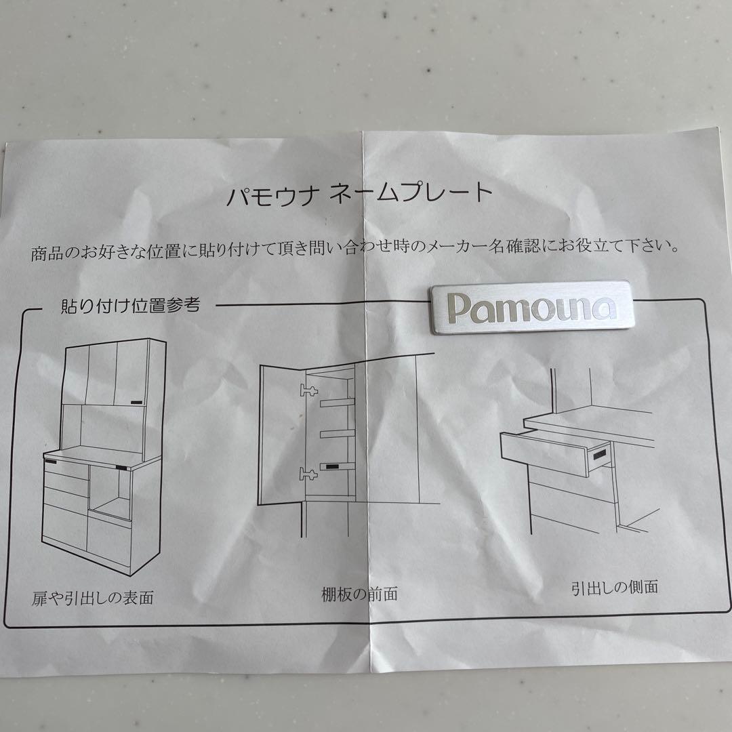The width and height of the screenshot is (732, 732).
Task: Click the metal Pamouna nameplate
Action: pyautogui.click(x=532, y=307)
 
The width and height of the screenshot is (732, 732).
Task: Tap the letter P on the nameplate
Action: pyautogui.click(x=458, y=308)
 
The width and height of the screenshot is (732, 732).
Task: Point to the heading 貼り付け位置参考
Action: pyautogui.click(x=131, y=306)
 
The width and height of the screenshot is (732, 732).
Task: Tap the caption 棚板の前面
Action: pyautogui.click(x=359, y=594)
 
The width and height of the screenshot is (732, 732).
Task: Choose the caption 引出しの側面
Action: pyautogui.click(x=615, y=587)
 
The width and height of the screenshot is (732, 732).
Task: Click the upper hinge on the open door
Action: pyautogui.click(x=308, y=390)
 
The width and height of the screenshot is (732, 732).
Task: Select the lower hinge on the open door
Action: pyautogui.click(x=308, y=474)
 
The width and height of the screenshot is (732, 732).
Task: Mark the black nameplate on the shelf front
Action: pyautogui.click(x=333, y=466)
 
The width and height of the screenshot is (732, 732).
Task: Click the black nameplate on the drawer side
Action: pyautogui.click(x=599, y=453)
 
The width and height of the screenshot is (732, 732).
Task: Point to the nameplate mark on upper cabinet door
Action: pyautogui.click(x=137, y=401)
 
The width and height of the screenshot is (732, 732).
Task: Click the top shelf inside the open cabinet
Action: pyautogui.click(x=337, y=402)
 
